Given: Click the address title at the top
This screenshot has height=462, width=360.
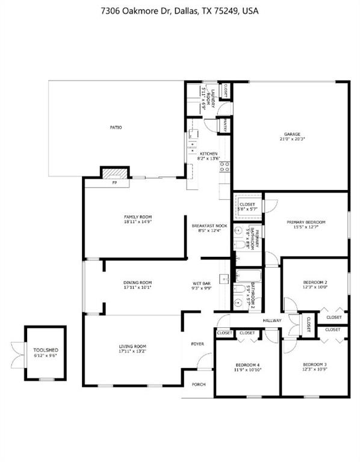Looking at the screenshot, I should point(180,11).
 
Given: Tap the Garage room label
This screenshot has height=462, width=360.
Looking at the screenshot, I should point(292,134).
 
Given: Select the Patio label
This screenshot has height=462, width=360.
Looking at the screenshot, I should point(116,128).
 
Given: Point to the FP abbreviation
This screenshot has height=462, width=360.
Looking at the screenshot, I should point(114,183).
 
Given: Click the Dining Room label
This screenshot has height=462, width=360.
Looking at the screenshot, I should point(137,282).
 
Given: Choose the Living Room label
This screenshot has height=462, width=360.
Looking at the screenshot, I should point(132,346).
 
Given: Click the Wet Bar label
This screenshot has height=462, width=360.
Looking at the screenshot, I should point(202,282).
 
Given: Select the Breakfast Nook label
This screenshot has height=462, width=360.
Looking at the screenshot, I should point(209,226).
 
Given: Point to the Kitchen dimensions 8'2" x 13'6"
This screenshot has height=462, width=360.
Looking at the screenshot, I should point(209,159).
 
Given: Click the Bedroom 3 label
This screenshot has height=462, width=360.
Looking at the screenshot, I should point(315,365).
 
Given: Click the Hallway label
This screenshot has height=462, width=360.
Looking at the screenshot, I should point(272,321).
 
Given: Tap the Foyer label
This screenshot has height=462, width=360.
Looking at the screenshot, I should point(197,344).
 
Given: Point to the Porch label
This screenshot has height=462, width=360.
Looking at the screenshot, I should point(197,384).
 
